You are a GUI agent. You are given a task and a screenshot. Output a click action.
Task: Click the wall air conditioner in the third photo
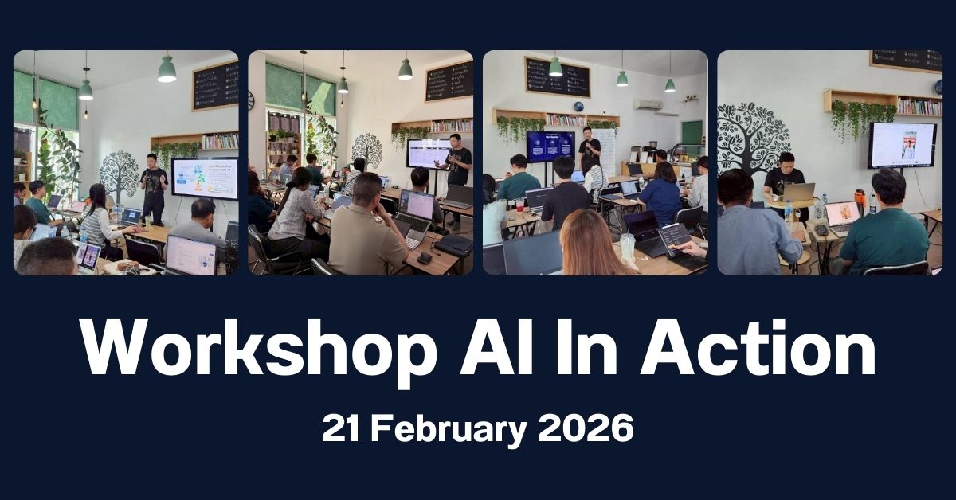(648, 104)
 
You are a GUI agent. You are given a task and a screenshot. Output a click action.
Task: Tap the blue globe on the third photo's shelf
(578, 107)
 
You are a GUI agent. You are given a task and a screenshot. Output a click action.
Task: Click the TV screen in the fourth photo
(902, 145)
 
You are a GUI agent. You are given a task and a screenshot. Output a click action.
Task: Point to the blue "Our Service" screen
(550, 146)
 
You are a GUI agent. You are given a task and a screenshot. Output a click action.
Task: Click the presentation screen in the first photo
(205, 178)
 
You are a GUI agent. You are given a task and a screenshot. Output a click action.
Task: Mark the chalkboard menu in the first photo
(215, 85)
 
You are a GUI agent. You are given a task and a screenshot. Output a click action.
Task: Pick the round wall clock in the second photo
(251, 100)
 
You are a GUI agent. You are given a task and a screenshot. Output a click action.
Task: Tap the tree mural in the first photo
(119, 172)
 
